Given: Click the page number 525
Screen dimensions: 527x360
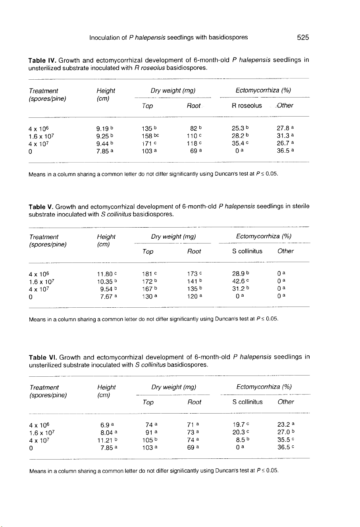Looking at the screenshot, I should (302, 38).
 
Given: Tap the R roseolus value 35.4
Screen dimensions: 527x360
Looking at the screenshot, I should (238, 144).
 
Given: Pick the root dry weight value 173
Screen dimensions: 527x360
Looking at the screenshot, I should (193, 274).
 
